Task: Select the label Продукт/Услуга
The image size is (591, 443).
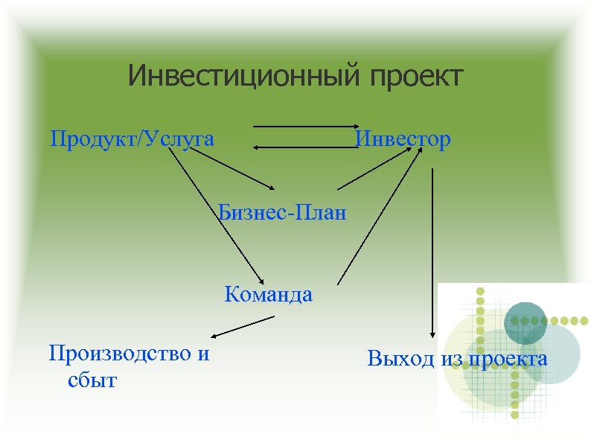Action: tap(132, 139)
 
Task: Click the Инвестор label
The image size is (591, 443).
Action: tap(403, 139)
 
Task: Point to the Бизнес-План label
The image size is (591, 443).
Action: tap(283, 214)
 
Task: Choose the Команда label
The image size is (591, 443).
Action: tap(268, 295)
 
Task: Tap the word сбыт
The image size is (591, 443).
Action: tap(92, 381)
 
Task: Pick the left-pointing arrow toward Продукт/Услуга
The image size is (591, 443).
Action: tap(305, 149)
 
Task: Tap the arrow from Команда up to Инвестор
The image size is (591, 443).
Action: tap(376, 216)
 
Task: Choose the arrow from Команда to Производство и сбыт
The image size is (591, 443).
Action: tap(242, 328)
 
